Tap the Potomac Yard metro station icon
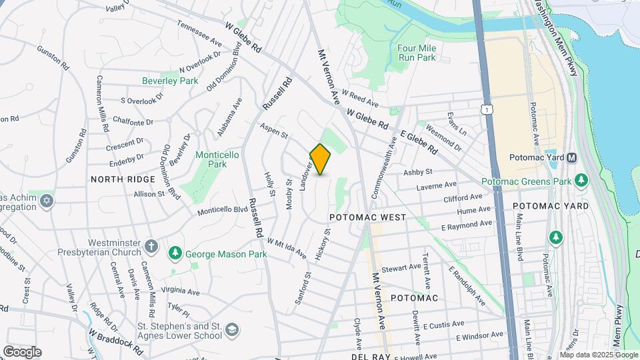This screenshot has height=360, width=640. click(571, 158)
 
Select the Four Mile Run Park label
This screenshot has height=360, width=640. click(416, 53)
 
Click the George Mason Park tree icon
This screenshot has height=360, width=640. click(175, 253)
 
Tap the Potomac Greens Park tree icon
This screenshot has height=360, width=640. click(582, 181)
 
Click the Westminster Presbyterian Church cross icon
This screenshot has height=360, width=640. click(152, 247)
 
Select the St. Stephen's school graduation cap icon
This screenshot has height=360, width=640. click(231, 330)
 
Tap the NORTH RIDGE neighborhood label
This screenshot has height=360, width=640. click(123, 179)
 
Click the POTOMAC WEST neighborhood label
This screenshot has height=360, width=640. click(368, 218)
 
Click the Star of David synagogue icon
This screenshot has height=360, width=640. click(46, 201)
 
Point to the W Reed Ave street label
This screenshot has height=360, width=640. click(360, 99)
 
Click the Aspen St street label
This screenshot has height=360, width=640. click(273, 131)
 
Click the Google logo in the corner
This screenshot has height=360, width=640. click(22, 351)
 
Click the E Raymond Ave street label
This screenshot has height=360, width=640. click(467, 225)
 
